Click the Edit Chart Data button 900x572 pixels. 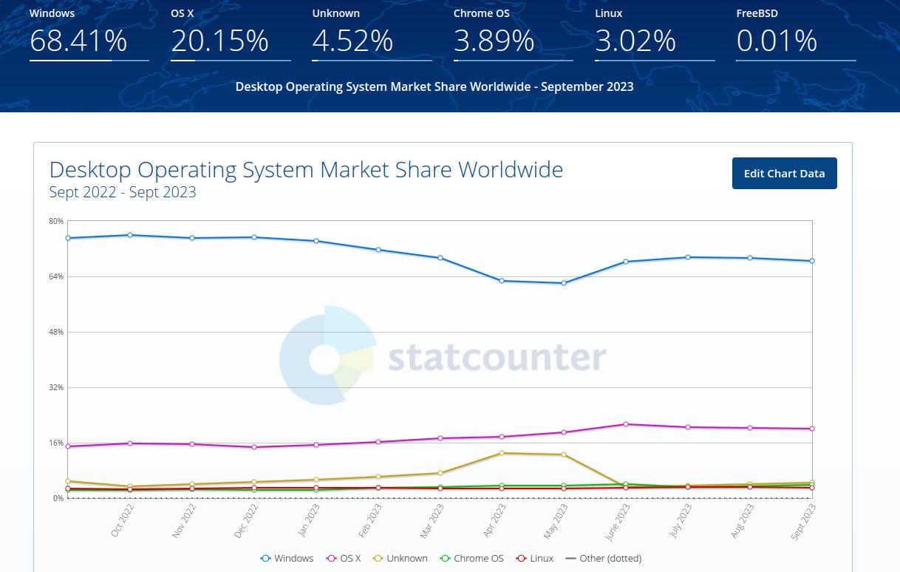(x=784, y=174)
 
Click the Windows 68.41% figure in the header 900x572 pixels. (x=78, y=41)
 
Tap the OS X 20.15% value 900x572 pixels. (x=219, y=41)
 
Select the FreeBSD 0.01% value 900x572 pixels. (x=777, y=41)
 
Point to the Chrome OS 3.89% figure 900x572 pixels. (x=494, y=41)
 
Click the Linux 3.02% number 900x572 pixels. (x=635, y=41)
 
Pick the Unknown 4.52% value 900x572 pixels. (x=352, y=41)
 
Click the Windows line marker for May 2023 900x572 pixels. (x=564, y=283)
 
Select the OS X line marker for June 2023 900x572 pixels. (x=626, y=424)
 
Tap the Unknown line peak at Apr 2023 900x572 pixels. (x=502, y=453)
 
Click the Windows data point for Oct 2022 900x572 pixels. (x=130, y=235)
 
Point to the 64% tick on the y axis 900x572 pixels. (x=57, y=276)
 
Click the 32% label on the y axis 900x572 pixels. (x=57, y=387)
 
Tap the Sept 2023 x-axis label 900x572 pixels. (x=803, y=521)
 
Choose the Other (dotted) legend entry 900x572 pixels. (x=604, y=559)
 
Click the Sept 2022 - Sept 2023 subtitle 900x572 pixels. (x=123, y=193)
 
